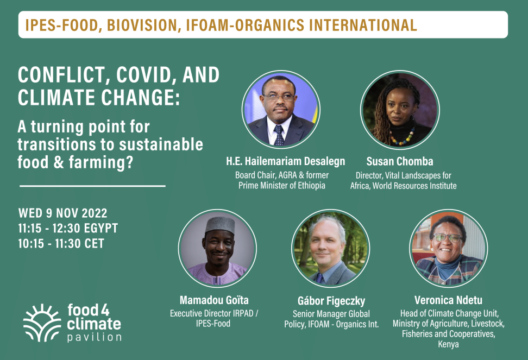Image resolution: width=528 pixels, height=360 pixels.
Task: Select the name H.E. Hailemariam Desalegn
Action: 286,161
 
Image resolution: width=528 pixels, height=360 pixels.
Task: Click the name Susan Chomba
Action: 400,161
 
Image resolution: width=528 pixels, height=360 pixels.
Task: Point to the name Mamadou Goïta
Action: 214,300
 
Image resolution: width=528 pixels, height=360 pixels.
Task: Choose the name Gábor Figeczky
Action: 331,301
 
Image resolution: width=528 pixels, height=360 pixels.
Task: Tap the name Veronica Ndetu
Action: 448,300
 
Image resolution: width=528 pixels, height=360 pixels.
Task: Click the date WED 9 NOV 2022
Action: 62,213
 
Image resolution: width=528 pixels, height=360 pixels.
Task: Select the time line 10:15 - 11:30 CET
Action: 61,243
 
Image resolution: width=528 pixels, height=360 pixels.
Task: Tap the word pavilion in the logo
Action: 95,337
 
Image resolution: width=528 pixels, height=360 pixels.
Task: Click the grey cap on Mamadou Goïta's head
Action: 220,225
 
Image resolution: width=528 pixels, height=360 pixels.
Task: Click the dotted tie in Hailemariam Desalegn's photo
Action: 279,135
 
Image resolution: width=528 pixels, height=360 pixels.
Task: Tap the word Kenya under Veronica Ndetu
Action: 448,344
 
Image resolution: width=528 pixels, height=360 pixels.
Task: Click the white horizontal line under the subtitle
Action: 92,186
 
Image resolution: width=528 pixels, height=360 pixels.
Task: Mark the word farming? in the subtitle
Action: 102,162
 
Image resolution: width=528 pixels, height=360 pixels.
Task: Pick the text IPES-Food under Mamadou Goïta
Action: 213,324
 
